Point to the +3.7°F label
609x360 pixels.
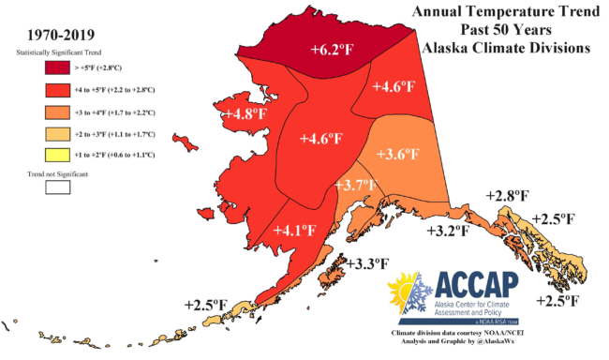point(356,186)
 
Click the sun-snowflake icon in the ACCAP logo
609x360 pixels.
point(410,295)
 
